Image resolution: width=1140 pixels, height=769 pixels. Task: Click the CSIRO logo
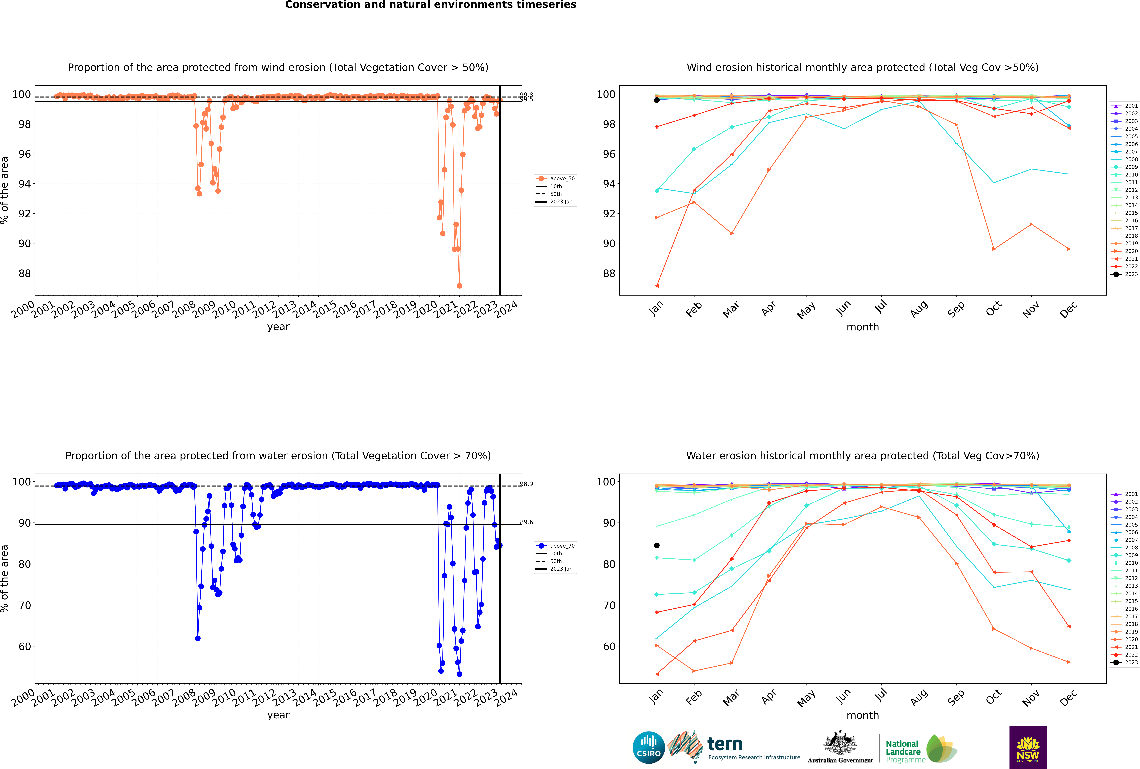click(648, 747)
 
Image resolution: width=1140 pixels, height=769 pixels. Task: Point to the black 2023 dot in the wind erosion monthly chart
click(657, 100)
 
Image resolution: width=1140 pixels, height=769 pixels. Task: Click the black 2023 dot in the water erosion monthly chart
click(657, 545)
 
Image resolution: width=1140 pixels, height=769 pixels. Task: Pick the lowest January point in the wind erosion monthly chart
click(657, 285)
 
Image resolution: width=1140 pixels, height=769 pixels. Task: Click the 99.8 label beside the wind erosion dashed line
click(526, 95)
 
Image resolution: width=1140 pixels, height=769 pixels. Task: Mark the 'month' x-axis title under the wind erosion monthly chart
click(863, 327)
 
